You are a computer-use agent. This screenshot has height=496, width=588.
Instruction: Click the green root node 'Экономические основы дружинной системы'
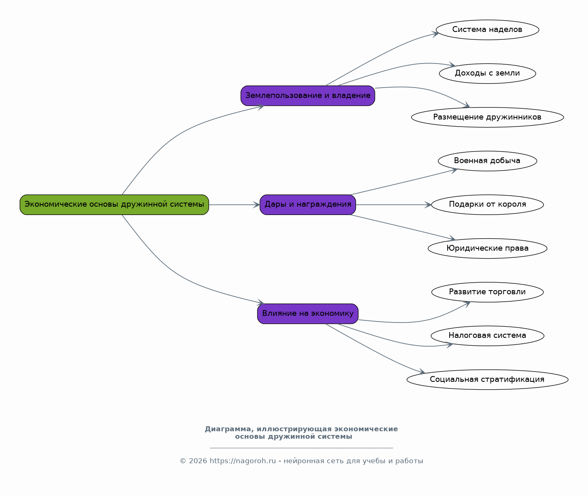[114, 205]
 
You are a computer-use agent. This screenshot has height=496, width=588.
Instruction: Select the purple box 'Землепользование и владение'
[308, 96]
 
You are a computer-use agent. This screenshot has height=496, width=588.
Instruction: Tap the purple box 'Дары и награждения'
[308, 205]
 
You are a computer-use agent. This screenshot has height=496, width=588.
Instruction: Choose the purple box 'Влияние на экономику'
[308, 314]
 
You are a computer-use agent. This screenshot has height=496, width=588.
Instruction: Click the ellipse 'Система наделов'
[488, 30]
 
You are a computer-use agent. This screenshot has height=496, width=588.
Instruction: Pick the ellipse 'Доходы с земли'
[488, 73]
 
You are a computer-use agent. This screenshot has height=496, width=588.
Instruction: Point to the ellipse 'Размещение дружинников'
[488, 117]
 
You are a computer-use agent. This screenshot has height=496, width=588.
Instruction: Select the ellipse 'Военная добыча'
[488, 161]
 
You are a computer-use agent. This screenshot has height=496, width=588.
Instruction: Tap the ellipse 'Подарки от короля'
[488, 205]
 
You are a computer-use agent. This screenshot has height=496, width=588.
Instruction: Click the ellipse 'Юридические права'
[488, 248]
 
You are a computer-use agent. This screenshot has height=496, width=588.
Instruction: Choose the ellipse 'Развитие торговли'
[488, 292]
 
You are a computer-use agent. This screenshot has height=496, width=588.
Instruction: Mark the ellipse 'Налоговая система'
[488, 336]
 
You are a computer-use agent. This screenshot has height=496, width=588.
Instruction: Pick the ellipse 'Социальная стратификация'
[488, 379]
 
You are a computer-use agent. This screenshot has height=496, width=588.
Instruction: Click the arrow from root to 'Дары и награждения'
[234, 205]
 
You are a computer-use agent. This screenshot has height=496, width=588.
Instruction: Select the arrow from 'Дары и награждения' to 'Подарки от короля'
[393, 205]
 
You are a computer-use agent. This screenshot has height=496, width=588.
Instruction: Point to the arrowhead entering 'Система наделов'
[436, 34]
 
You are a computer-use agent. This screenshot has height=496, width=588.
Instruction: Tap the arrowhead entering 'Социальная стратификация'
[421, 371]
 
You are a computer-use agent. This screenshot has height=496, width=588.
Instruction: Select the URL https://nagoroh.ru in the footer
[243, 461]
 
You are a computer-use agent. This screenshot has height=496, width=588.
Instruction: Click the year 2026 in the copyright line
[198, 461]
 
